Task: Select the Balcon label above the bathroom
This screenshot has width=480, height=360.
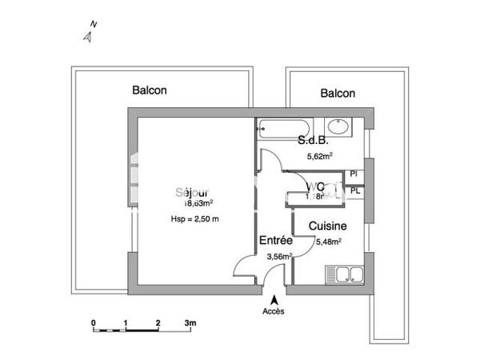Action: click(338, 94)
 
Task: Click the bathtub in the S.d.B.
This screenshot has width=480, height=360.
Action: click(285, 128)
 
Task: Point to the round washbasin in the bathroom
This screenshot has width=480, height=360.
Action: click(338, 128)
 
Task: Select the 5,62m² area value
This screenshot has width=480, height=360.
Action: click(320, 157)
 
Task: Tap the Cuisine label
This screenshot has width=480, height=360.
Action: click(327, 226)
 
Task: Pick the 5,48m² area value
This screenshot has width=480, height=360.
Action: click(329, 241)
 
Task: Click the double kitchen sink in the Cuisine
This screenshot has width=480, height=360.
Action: click(345, 276)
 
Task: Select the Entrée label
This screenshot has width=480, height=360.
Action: click(274, 240)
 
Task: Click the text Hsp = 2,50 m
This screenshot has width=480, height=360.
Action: click(194, 218)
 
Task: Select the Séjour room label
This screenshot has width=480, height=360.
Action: click(194, 193)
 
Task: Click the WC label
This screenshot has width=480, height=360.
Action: click(314, 187)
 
